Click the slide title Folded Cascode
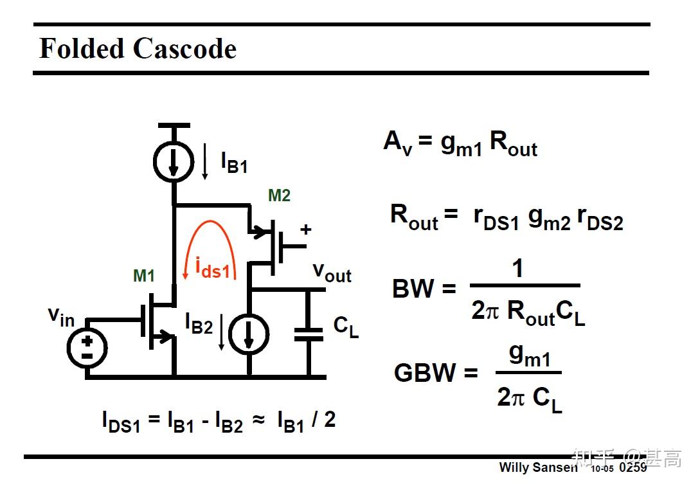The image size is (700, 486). click(138, 49)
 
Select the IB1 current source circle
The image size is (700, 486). click(174, 163)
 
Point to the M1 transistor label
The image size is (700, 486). click(144, 276)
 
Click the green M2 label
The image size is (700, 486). click(280, 195)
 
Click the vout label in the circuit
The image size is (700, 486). click(332, 273)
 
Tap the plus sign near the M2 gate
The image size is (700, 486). click(306, 230)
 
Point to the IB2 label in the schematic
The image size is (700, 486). click(199, 324)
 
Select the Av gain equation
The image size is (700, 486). click(460, 143)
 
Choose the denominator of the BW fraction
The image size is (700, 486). click(528, 312)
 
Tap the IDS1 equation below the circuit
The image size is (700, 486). click(219, 420)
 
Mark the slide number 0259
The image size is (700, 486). click(633, 467)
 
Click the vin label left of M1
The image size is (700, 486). click(61, 317)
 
